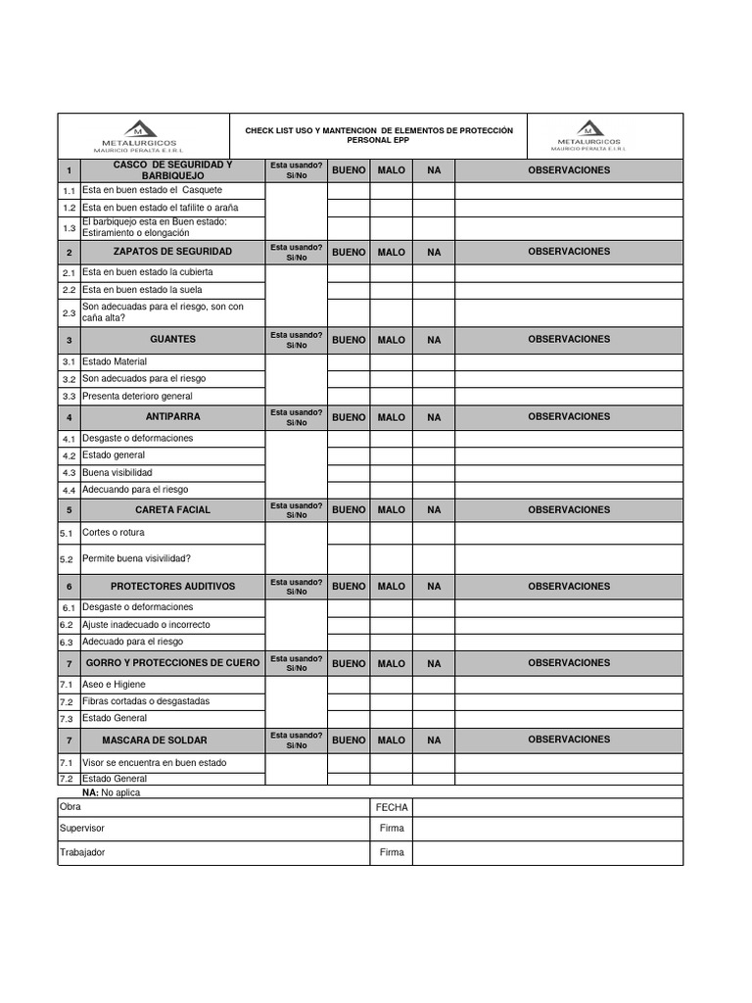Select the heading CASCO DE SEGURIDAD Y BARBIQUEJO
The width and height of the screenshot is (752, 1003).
point(172,169)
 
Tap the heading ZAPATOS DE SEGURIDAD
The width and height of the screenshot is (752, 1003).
point(172,252)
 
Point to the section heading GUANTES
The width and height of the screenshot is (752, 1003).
point(172,339)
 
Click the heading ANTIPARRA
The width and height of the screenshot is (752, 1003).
point(172,416)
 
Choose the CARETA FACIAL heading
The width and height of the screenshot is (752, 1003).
point(172,509)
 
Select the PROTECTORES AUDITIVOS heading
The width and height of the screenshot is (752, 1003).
point(172,586)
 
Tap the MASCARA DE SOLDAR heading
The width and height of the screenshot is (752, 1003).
point(172,740)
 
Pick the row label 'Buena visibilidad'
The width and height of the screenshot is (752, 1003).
point(117,472)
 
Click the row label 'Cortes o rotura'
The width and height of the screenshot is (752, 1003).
point(115,533)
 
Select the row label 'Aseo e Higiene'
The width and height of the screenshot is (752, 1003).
point(115,684)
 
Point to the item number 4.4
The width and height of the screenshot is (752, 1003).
point(69,491)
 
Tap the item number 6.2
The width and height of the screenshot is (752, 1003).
point(67,625)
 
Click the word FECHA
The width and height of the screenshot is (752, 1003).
point(392,808)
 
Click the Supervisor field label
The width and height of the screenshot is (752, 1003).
point(82,829)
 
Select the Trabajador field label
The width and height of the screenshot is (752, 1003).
point(82,852)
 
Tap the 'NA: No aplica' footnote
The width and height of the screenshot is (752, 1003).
point(112,792)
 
